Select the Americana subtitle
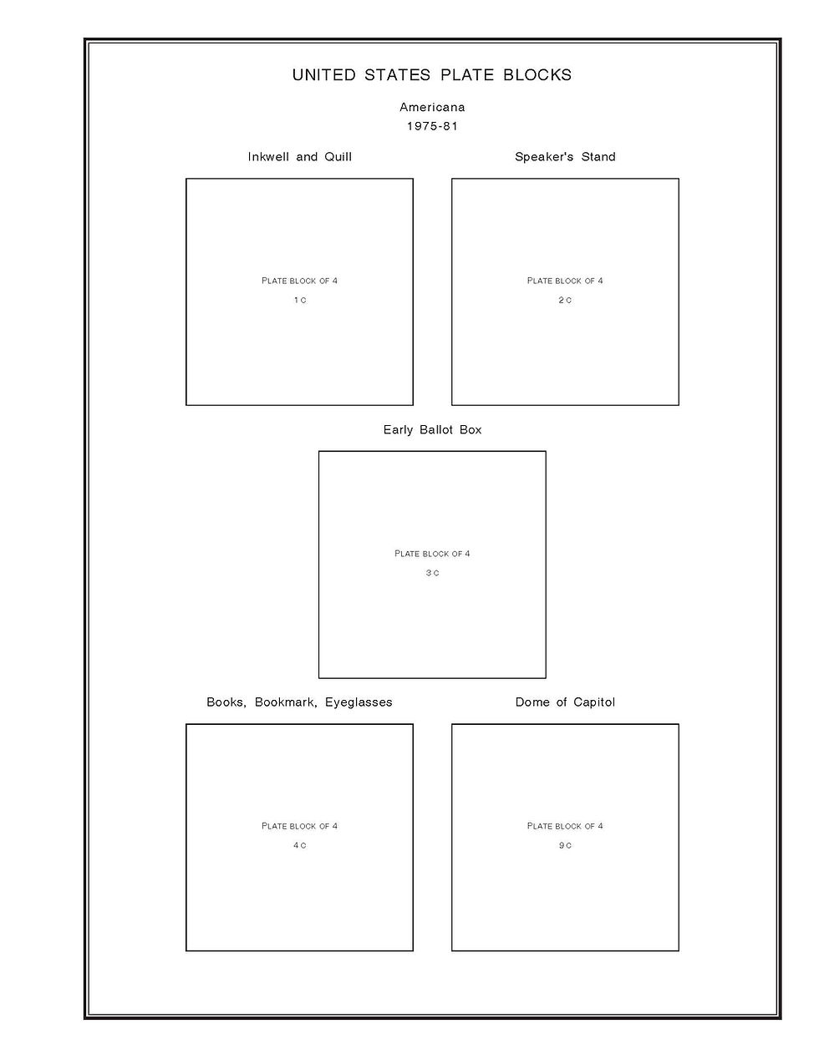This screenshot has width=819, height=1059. point(432,107)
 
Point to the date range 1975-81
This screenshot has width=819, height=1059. point(432,126)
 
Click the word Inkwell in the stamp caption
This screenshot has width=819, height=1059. point(268,157)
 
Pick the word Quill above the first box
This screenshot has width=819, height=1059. point(337,157)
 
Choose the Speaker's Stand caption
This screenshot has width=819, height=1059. point(565,157)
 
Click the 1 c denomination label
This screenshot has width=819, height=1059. point(299,301)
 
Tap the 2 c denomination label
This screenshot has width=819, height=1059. point(565,301)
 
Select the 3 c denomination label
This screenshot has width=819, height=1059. point(432,573)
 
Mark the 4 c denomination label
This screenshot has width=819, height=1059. point(299,846)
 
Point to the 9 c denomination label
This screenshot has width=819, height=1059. point(565,846)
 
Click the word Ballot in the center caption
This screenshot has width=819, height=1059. point(437,430)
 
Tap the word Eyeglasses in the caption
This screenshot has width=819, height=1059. point(359,702)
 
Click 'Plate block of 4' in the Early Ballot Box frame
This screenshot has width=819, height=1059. point(432,554)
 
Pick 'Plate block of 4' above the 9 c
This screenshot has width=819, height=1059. point(565,826)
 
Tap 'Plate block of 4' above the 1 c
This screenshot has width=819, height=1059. point(299,281)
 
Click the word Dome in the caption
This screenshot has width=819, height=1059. point(532,702)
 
